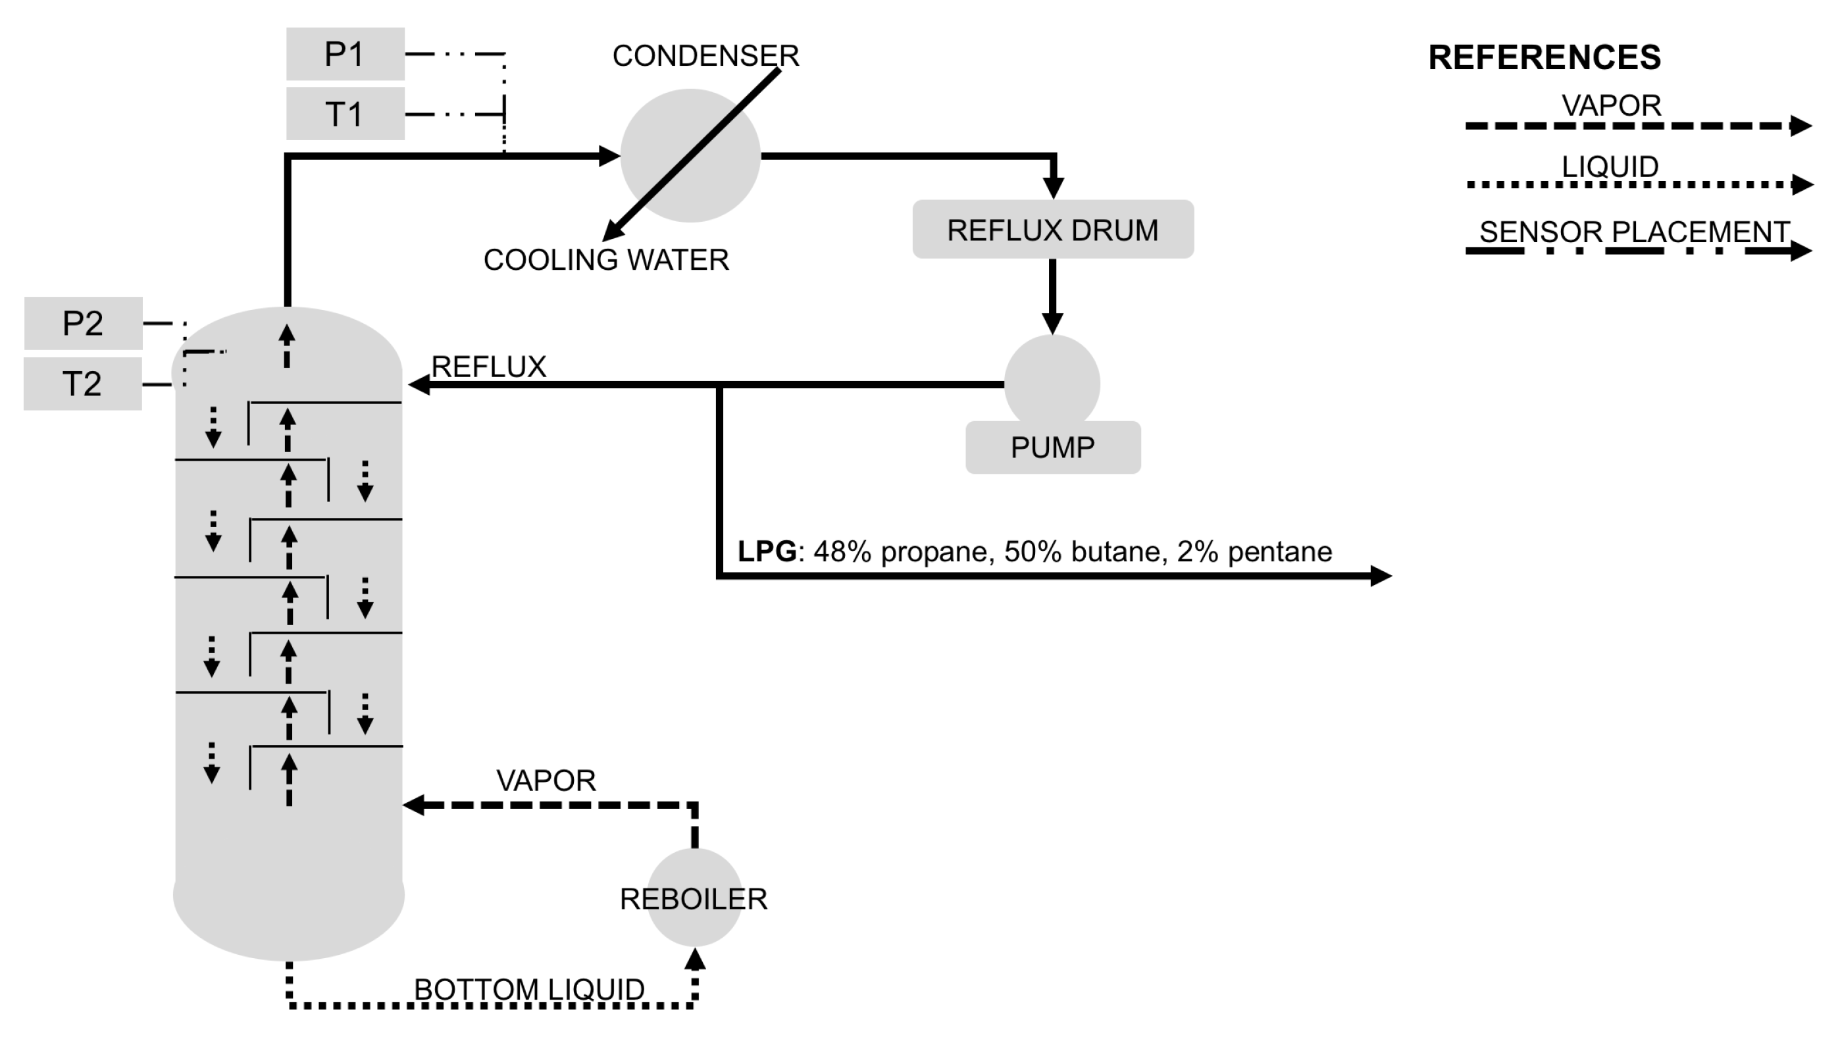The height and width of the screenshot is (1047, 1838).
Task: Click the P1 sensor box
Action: (x=345, y=54)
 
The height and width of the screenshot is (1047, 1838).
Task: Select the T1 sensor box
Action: (x=345, y=114)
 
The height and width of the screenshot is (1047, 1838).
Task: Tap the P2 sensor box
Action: (x=84, y=323)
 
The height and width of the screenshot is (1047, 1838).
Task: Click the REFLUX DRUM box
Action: (x=1052, y=230)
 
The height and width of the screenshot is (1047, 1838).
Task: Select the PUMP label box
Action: (x=1052, y=447)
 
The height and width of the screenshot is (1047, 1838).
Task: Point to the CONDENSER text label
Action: (x=705, y=56)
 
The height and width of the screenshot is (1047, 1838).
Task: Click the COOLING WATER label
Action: (x=605, y=259)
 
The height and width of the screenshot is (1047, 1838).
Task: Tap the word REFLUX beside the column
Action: (x=488, y=367)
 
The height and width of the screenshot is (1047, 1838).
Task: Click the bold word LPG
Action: (x=767, y=551)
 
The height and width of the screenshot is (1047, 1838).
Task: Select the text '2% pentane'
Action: (x=1254, y=551)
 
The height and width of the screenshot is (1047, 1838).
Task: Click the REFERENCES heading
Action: (x=1544, y=57)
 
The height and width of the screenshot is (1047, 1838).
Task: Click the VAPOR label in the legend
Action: (x=1611, y=106)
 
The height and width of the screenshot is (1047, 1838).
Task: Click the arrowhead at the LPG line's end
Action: (x=1381, y=575)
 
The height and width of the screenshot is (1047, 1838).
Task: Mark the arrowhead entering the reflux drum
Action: (x=1053, y=188)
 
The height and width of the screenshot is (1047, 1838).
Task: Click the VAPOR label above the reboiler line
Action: (x=546, y=780)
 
